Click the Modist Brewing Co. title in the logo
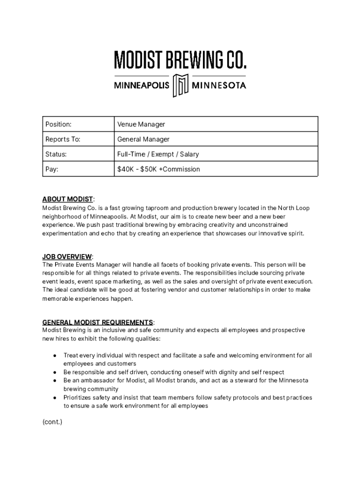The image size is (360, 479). coord(180,59)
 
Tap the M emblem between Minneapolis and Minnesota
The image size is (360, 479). coord(180,85)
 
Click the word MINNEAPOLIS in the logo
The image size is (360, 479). coord(142,86)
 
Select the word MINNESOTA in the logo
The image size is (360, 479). coord(219,86)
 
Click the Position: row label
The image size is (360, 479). coord(58,124)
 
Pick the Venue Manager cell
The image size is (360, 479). coord(141,124)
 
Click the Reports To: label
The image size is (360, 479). coord(63,139)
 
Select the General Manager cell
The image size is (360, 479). coord(144,139)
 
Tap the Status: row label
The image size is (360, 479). coord(56,154)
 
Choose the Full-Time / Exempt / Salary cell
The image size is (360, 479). coord(158,154)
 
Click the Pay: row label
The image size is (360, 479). coord(52,169)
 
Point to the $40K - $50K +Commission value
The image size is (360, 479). coord(158,169)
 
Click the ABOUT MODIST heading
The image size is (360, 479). coord(68,200)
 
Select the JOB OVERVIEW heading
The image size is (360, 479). coord(67,256)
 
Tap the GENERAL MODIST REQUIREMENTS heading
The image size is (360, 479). coord(98,322)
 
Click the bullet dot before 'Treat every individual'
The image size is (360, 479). coord(54,356)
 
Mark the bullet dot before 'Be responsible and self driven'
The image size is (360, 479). coord(54,372)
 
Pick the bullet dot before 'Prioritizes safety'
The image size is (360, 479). coord(54,398)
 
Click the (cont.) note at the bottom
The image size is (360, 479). coord(52,422)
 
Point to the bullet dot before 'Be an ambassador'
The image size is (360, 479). coord(54,381)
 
